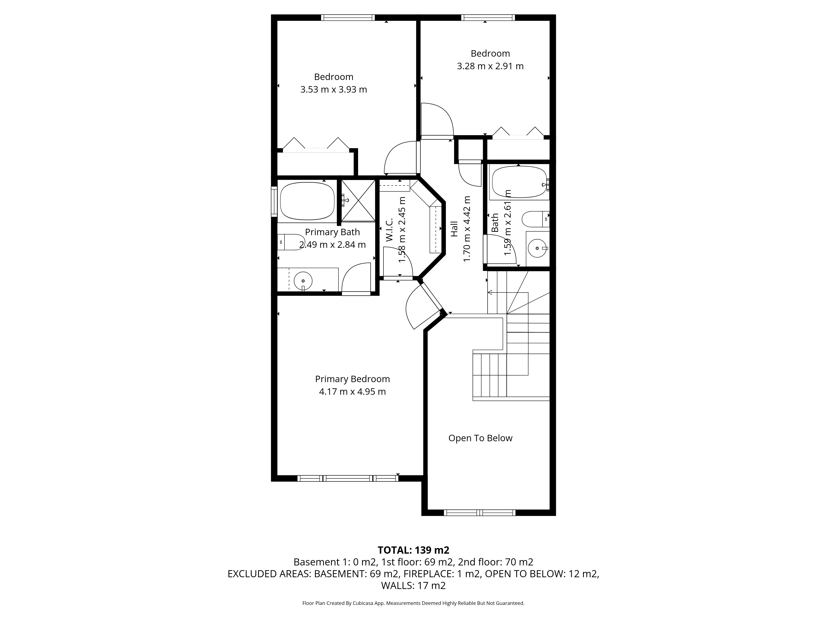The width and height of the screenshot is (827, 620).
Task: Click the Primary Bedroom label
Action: click(352, 379)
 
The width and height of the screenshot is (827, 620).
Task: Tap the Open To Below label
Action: click(480, 438)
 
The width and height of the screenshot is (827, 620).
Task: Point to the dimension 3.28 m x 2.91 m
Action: click(490, 66)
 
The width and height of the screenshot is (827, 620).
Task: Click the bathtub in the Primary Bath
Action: click(307, 201)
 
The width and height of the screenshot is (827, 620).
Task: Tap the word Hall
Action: click(454, 229)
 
